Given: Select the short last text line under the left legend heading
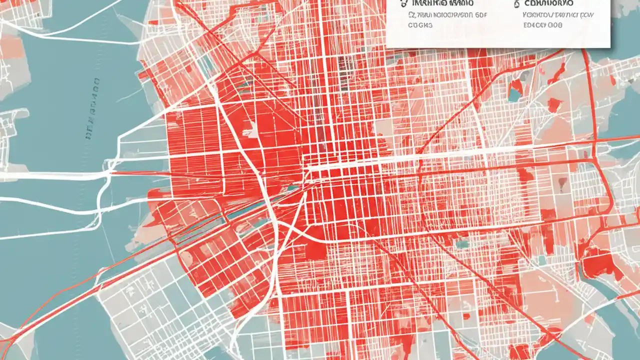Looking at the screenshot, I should click(419, 24).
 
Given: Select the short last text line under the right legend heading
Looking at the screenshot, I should click(542, 24).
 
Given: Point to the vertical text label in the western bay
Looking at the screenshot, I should click(92, 107).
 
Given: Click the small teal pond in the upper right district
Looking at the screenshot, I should click(514, 93).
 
